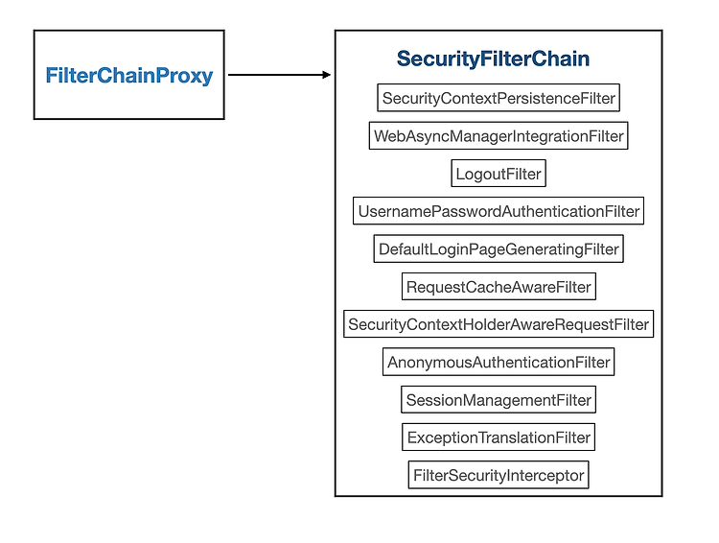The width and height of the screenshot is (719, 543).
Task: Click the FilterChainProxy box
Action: click(128, 75)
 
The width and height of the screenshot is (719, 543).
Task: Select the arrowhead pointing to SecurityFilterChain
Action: click(327, 75)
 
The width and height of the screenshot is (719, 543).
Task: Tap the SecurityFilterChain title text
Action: click(493, 59)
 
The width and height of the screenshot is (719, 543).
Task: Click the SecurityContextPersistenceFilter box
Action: click(499, 98)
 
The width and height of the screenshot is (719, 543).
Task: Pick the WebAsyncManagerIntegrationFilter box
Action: click(499, 136)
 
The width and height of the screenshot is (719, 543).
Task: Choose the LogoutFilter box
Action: click(499, 174)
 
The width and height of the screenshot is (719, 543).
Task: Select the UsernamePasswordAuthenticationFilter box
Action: click(499, 211)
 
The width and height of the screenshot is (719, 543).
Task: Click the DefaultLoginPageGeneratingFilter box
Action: click(499, 248)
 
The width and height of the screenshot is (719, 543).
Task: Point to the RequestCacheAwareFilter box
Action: click(499, 287)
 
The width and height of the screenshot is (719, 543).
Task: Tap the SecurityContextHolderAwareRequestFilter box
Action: click(499, 324)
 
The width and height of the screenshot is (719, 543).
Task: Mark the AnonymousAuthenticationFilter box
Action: click(499, 362)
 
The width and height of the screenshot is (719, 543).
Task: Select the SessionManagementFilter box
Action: click(499, 400)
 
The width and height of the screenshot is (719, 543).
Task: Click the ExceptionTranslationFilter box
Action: click(499, 437)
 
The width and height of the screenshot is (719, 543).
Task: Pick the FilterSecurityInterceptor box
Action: click(499, 475)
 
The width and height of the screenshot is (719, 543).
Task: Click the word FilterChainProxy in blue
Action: click(129, 76)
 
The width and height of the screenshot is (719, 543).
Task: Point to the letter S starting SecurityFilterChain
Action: click(404, 59)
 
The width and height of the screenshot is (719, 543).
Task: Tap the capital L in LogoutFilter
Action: click(460, 174)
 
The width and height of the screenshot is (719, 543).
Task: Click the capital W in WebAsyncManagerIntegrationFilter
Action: click(382, 136)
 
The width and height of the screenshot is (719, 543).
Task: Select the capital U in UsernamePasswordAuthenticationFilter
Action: click(363, 211)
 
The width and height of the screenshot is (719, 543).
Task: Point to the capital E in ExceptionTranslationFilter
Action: click(412, 437)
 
